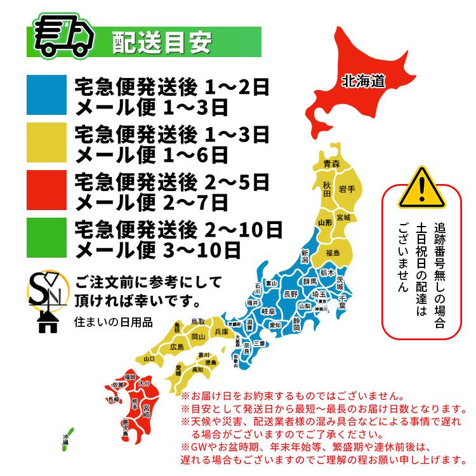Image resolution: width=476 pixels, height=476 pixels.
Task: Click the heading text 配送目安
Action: click(x=162, y=43)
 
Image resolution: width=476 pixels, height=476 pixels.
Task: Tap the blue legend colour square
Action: click(x=46, y=95)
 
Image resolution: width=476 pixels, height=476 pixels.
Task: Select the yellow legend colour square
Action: click(x=46, y=143)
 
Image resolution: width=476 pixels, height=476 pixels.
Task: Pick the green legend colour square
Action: click(x=46, y=239)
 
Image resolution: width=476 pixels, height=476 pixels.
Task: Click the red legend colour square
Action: click(x=46, y=191)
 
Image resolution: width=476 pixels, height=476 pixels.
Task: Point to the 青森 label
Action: click(x=331, y=164)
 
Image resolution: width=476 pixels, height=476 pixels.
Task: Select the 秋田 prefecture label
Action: click(x=326, y=189)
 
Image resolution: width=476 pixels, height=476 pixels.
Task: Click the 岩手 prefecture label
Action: click(x=347, y=188)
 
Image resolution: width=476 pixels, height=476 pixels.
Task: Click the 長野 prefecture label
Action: click(x=290, y=294)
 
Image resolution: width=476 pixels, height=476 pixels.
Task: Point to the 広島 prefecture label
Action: click(x=176, y=347)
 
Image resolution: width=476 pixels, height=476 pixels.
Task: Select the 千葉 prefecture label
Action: click(x=341, y=301)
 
